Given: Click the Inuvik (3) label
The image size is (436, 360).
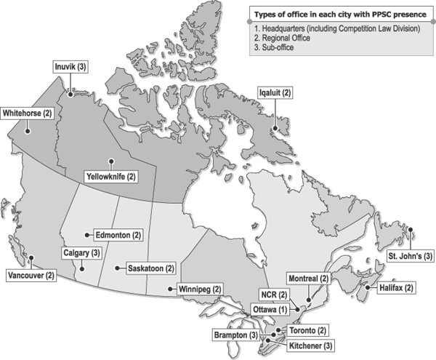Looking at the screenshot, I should pyautogui.click(x=70, y=66).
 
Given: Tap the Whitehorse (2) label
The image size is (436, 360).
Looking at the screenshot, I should pyautogui.click(x=28, y=113).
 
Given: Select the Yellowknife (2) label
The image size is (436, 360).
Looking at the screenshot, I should pyautogui.click(x=111, y=176).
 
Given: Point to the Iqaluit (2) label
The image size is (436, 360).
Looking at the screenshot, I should pyautogui.click(x=276, y=93).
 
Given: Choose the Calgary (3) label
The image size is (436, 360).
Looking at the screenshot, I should pyautogui.click(x=81, y=252).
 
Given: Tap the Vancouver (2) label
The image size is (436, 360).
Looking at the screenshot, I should pyautogui.click(x=31, y=276).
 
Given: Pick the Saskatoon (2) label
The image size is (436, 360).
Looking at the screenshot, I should pyautogui.click(x=150, y=268).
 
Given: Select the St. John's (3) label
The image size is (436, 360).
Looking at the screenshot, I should pyautogui.click(x=410, y=256).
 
